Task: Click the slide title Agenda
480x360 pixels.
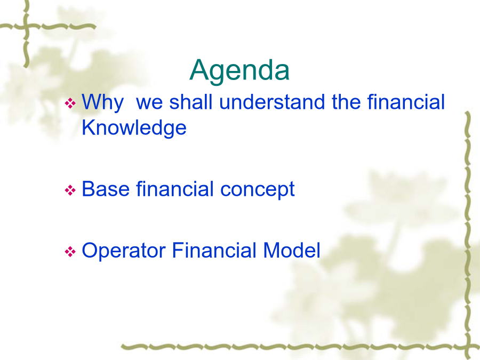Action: click(x=239, y=71)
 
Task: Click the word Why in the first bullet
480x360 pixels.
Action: click(x=103, y=102)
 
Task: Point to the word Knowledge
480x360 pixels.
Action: click(x=134, y=128)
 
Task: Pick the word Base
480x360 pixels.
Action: click(x=106, y=189)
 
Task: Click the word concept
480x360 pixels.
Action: click(x=258, y=190)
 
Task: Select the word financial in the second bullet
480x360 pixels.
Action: click(x=175, y=189)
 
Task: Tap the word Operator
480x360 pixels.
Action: click(x=124, y=251)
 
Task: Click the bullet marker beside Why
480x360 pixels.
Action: click(x=70, y=103)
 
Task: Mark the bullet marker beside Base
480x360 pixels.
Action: click(x=70, y=190)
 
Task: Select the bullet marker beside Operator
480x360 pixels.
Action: click(x=70, y=252)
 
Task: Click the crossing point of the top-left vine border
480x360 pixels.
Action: click(x=27, y=27)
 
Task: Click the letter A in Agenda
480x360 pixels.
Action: click(x=200, y=70)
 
